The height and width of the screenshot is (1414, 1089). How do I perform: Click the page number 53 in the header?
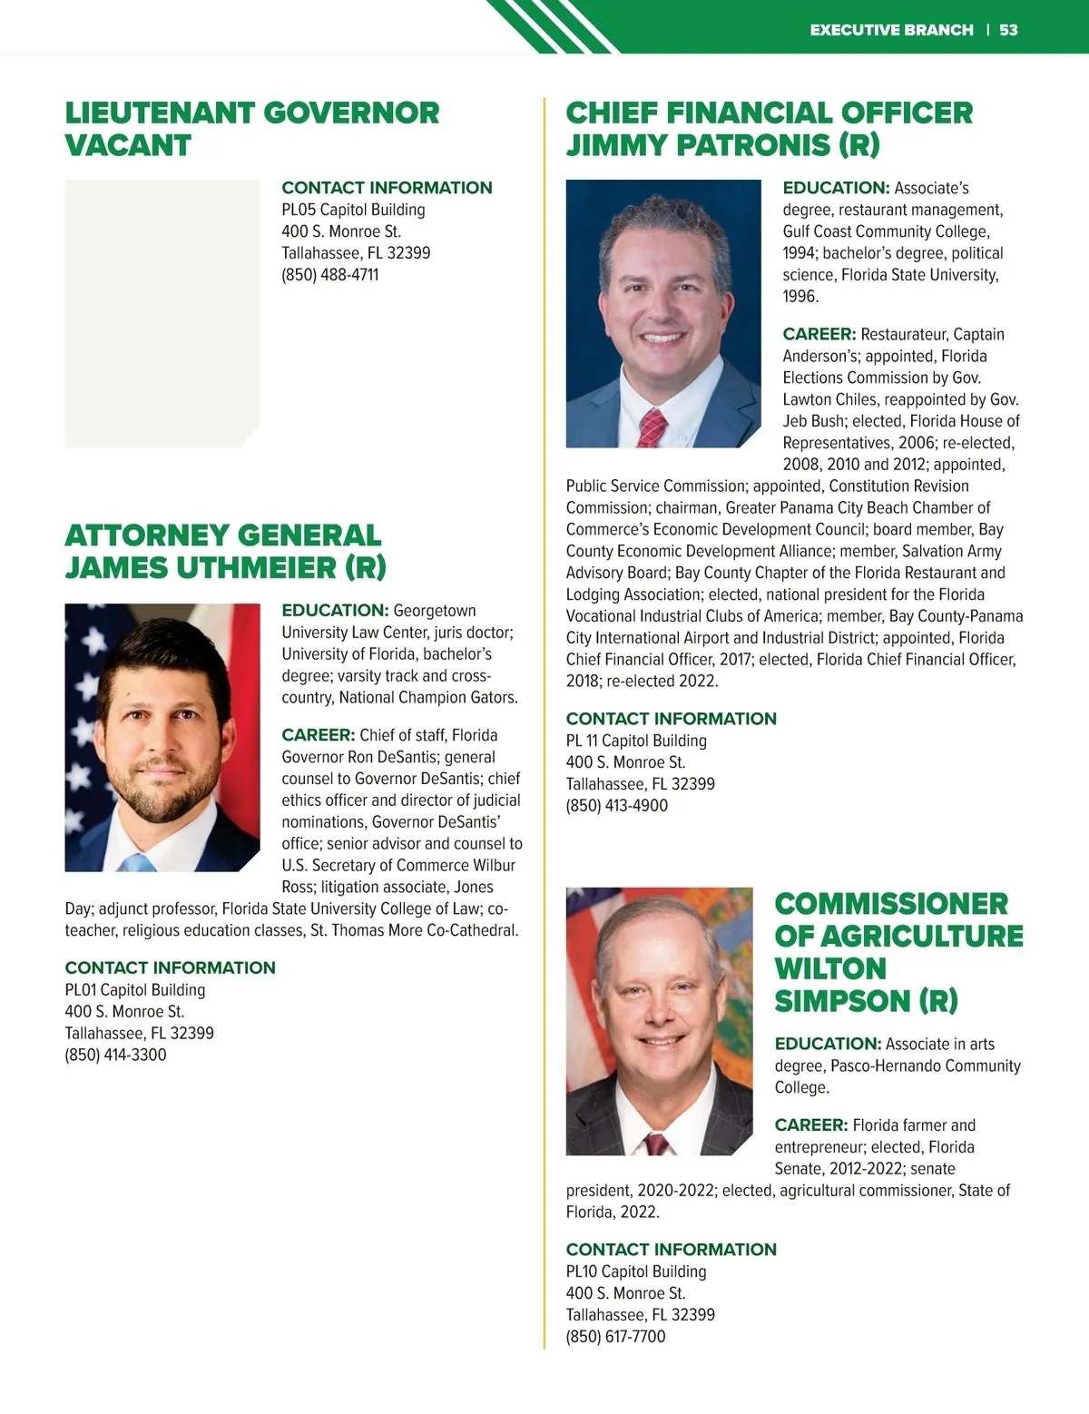1008,30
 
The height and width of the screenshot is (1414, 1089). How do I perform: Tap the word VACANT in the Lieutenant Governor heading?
128,145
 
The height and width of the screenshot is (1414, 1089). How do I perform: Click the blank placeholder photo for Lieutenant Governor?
162,313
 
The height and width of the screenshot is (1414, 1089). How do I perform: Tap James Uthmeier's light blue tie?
138,861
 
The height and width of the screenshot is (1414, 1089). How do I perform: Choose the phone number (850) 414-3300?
115,1055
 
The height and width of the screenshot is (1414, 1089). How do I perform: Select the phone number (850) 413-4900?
617,805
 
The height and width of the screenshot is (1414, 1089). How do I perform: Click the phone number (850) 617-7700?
615,1336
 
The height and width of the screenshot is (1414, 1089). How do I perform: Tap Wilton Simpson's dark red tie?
654,1144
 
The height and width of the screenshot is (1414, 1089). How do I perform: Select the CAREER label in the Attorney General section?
318,735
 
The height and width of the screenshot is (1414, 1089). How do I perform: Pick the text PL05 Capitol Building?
353,210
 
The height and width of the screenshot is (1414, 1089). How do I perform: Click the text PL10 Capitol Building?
636,1272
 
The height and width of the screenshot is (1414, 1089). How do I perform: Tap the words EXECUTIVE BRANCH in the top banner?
891,30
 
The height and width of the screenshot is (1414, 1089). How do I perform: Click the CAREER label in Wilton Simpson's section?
810,1125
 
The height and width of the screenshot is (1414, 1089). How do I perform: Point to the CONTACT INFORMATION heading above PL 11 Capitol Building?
671,719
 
